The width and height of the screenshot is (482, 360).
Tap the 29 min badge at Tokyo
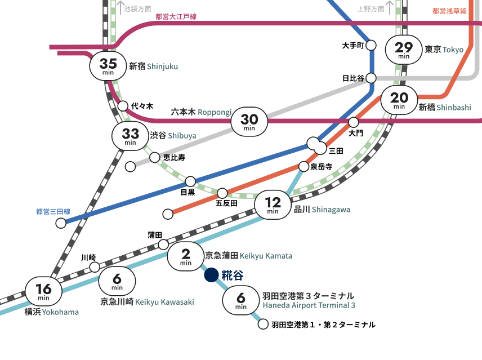[403, 50]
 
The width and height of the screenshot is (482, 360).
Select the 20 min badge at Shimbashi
[399, 100]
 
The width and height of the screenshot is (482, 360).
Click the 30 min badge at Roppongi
[249, 122]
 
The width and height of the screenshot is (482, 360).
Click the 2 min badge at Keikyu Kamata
[185, 257]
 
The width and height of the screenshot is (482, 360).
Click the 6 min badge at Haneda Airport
[241, 300]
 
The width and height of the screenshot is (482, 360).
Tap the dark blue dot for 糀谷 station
[211, 275]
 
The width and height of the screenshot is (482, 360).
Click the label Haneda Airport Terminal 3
[309, 306]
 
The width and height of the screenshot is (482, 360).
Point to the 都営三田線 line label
[52, 212]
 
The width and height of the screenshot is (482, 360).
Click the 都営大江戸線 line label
[176, 17]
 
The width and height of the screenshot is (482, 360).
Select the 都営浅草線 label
[449, 11]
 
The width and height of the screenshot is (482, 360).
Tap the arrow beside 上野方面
[389, 8]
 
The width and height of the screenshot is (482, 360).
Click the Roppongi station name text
[201, 113]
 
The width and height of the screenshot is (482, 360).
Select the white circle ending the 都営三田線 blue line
[61, 223]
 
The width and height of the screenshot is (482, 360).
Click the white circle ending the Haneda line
[262, 324]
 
